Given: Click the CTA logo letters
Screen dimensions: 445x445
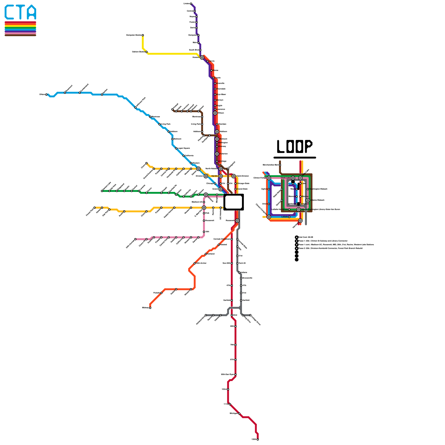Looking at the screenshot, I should [20, 12].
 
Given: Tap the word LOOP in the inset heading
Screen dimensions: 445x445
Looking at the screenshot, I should [295, 146].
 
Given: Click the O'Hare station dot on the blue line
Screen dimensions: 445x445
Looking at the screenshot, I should [46, 95].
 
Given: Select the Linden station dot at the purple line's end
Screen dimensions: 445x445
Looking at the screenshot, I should [191, 4].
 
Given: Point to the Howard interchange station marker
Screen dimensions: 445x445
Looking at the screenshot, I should [202, 58].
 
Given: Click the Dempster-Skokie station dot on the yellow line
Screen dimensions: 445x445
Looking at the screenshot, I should [143, 35].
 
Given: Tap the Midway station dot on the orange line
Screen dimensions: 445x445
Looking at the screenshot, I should [150, 308].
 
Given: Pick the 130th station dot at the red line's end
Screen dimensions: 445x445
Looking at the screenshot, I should [258, 439].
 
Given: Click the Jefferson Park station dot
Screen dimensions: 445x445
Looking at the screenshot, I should [135, 107].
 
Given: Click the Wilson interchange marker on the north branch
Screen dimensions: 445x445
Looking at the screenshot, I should [215, 113].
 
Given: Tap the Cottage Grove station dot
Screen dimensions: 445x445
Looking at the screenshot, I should [250, 315].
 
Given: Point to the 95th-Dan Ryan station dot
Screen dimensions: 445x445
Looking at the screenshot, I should [236, 375].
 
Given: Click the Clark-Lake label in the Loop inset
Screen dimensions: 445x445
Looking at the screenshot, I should [285, 178].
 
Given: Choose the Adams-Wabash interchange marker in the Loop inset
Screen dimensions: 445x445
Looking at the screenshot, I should [308, 200].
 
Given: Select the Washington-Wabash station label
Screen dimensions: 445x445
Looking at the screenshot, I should [318, 189].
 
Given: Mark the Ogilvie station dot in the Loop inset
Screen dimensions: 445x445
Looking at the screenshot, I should [269, 189].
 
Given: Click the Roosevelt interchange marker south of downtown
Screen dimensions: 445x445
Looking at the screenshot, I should [237, 221].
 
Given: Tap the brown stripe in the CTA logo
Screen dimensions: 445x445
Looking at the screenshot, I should [20, 35].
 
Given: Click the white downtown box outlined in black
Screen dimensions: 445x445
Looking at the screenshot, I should [234, 202].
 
